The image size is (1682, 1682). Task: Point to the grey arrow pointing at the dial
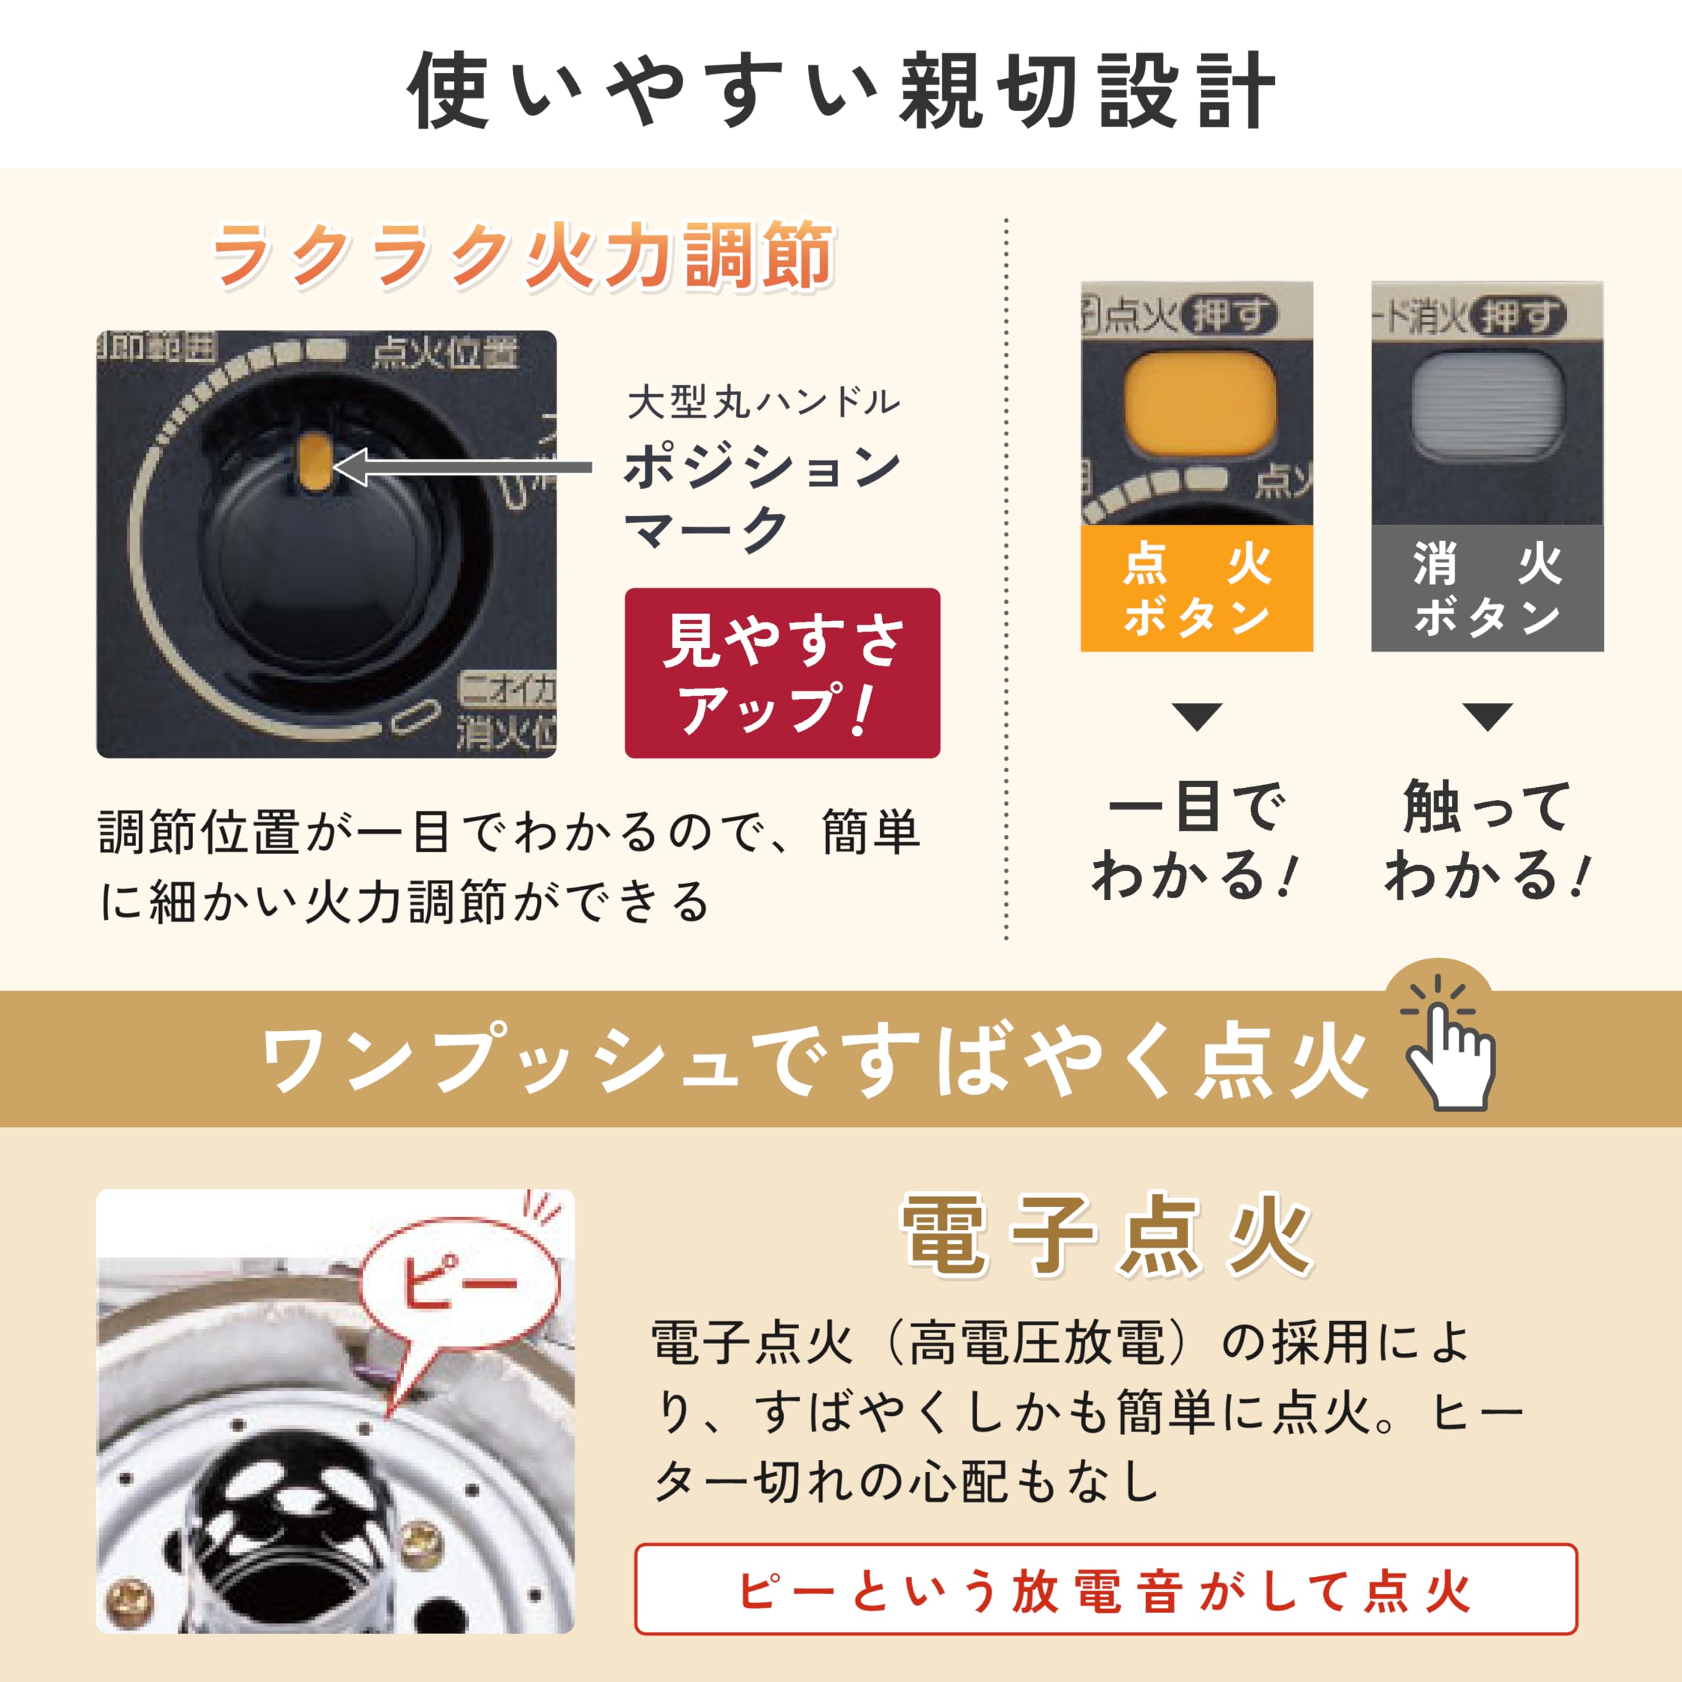[x=461, y=468]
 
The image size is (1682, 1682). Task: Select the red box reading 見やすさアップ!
[x=782, y=673]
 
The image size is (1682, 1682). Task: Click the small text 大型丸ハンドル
[x=763, y=402]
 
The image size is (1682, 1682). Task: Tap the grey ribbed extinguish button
[x=1487, y=401]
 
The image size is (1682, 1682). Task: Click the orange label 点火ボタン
[x=1196, y=589]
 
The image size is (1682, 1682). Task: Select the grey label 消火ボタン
[x=1487, y=589]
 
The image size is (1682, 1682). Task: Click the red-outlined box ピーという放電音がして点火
[x=1106, y=1589]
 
